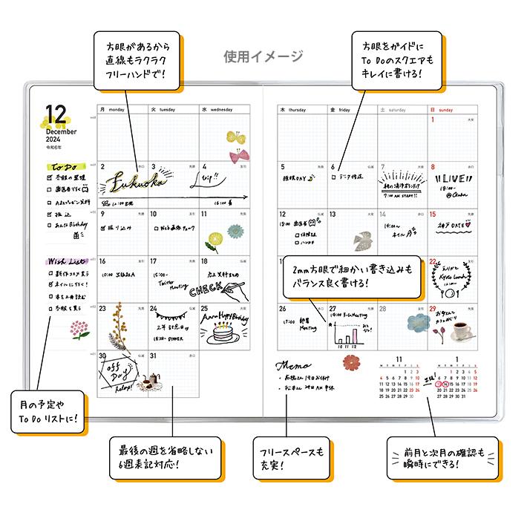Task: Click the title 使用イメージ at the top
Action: coord(263,56)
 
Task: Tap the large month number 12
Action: coord(56,114)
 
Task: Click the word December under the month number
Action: coord(61,131)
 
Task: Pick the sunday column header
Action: coord(445,109)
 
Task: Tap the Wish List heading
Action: coord(65,262)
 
